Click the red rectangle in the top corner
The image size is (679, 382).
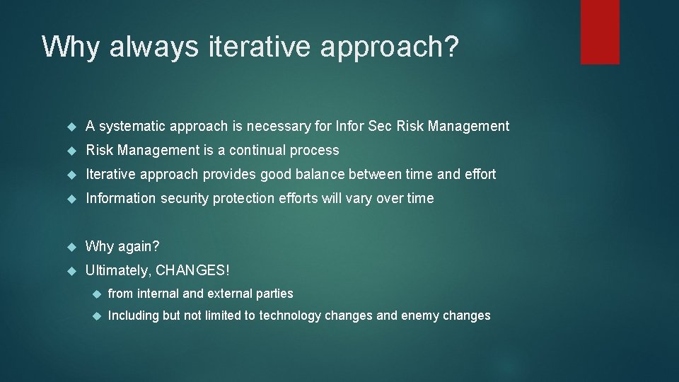tap(600, 32)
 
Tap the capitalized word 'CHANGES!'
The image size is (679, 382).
tap(192, 271)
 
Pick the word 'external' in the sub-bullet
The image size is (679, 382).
tap(228, 294)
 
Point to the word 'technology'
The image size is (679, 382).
tap(289, 316)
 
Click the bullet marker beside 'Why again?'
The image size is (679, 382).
tap(71, 247)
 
